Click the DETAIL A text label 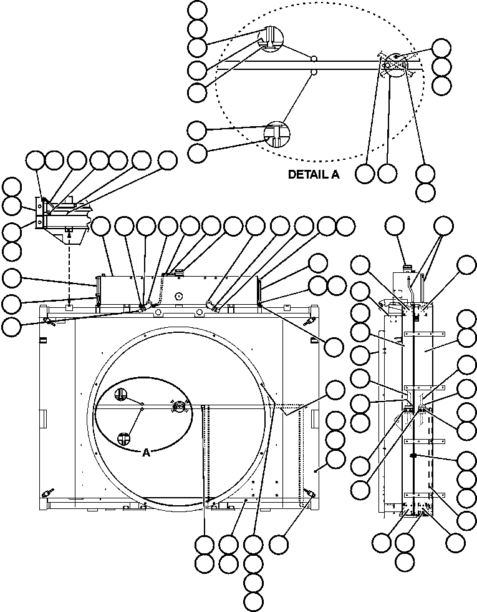(x=313, y=175)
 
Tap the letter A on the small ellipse (x=146, y=453)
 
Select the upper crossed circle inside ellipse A (x=121, y=394)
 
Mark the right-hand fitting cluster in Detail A (x=395, y=62)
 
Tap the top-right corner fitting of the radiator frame (x=307, y=322)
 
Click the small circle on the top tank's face (x=178, y=297)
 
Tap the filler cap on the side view (x=408, y=267)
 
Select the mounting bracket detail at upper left (x=62, y=215)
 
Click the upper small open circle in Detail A (x=314, y=58)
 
